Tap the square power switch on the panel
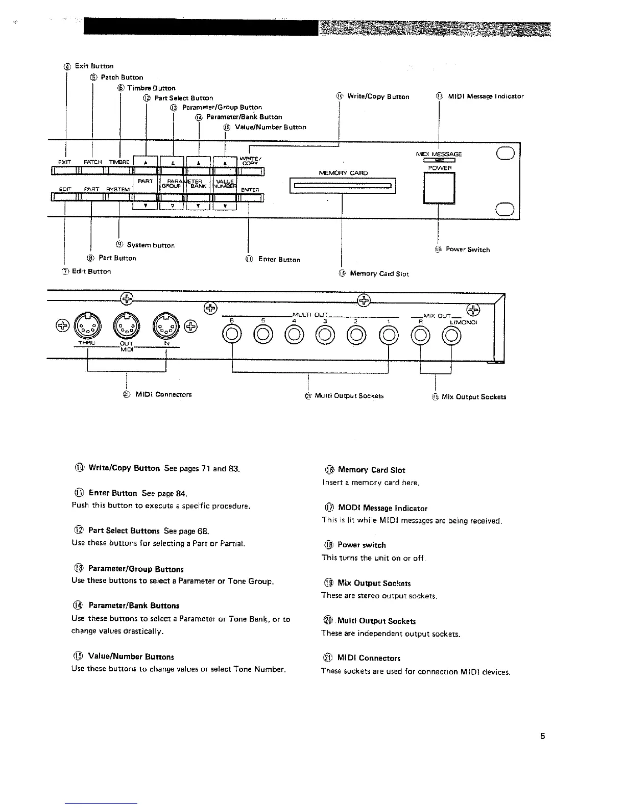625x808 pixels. (x=439, y=188)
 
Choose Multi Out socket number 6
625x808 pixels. (x=232, y=335)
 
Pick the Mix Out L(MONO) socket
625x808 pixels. (x=451, y=335)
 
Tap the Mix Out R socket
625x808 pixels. (x=420, y=335)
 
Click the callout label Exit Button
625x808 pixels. (x=94, y=66)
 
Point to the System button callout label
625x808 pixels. (x=150, y=245)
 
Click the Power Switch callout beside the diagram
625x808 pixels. (x=467, y=249)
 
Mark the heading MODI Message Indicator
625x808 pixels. (x=382, y=508)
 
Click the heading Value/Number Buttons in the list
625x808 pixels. (x=131, y=656)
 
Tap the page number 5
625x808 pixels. (x=543, y=736)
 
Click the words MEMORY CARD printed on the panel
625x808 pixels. (x=343, y=173)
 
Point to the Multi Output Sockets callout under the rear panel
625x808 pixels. (x=349, y=396)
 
